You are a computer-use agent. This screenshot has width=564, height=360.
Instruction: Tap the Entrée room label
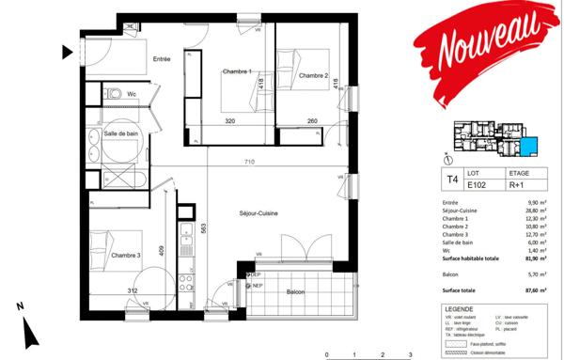(162, 59)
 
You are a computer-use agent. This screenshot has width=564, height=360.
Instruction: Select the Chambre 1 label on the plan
(237, 71)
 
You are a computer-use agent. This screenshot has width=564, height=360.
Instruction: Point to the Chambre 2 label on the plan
(314, 76)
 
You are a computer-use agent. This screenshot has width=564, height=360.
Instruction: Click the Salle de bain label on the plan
(122, 134)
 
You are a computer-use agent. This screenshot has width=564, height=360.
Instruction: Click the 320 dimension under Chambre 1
(230, 120)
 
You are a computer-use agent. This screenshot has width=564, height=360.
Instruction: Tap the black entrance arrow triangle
(67, 52)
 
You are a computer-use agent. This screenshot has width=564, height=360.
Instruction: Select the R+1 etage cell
(518, 185)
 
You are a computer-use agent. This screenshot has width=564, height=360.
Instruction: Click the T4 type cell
(452, 179)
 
